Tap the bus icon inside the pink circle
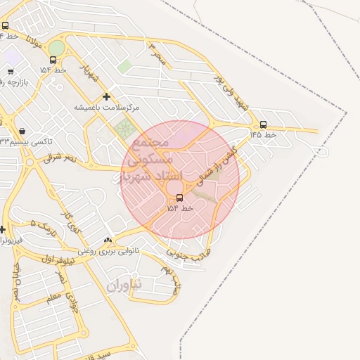[179, 198]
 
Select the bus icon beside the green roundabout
[53, 60]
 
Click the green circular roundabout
[56, 48]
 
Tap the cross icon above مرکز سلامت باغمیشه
[106, 97]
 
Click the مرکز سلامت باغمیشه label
[107, 108]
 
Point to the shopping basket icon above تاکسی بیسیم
[23, 131]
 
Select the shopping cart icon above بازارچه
[11, 71]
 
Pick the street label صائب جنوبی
[188, 253]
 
